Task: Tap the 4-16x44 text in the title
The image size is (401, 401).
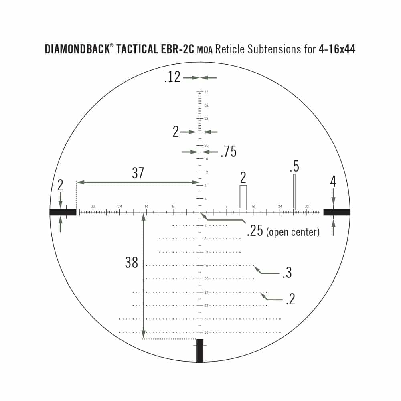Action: point(337,49)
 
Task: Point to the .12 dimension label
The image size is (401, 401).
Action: point(172,77)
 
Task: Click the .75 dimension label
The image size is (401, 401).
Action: point(228,152)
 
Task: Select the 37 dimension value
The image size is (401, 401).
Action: point(138,173)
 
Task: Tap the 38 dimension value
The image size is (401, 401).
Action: point(132,263)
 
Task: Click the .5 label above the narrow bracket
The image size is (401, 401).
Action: point(294,166)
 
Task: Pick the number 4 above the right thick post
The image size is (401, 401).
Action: point(333,182)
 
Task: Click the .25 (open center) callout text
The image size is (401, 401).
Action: point(283,231)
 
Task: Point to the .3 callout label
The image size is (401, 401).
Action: point(286,273)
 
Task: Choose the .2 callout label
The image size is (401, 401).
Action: point(290,299)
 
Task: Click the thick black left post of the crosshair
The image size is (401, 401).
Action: point(63,212)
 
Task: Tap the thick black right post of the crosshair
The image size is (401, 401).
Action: point(336,212)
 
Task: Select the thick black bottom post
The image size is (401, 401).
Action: point(200,350)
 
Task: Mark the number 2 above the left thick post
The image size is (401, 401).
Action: point(60,185)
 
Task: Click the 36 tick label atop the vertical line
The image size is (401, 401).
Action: point(206,92)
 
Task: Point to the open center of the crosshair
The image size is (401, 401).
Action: point(200,212)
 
